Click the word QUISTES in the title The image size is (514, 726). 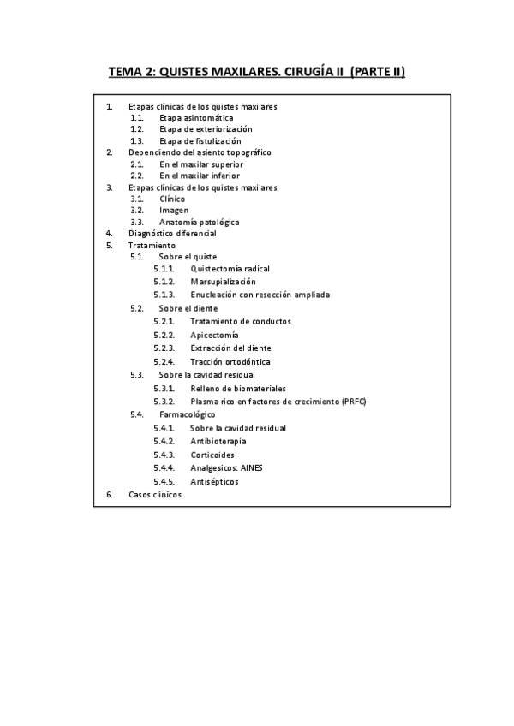coord(188,73)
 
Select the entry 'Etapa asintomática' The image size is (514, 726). coord(196,117)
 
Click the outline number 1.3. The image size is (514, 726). coord(136,140)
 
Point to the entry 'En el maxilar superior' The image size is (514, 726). coord(201,164)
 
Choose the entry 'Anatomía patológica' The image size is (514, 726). coord(199,222)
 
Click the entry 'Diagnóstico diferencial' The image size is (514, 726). coord(172,233)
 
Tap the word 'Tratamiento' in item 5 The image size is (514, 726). coord(152,245)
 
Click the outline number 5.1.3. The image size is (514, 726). coord(164,295)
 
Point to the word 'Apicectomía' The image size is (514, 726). coord(214,335)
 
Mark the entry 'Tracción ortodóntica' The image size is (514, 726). coord(230,361)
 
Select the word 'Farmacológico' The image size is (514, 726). coord(187,414)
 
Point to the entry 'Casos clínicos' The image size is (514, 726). coord(155,495)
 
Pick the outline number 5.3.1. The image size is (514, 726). coord(164,388)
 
